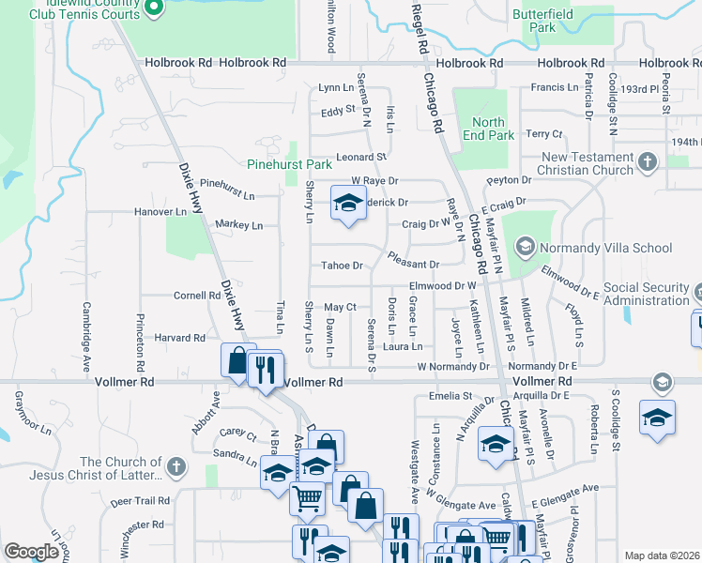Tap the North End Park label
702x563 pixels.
(x=488, y=129)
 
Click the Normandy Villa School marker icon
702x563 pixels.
(x=525, y=248)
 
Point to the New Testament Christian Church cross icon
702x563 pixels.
(x=647, y=163)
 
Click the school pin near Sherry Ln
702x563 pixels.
(x=348, y=203)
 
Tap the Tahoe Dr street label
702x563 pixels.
(x=342, y=266)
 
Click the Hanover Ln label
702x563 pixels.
(x=160, y=212)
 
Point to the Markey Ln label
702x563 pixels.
(x=238, y=225)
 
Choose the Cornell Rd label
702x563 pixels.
(x=196, y=295)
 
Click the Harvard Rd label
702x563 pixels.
(x=179, y=337)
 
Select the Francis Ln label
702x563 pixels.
(x=548, y=87)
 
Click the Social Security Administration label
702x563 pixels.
(x=645, y=294)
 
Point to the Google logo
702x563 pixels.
(x=31, y=552)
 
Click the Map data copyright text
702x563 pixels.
(x=663, y=555)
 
